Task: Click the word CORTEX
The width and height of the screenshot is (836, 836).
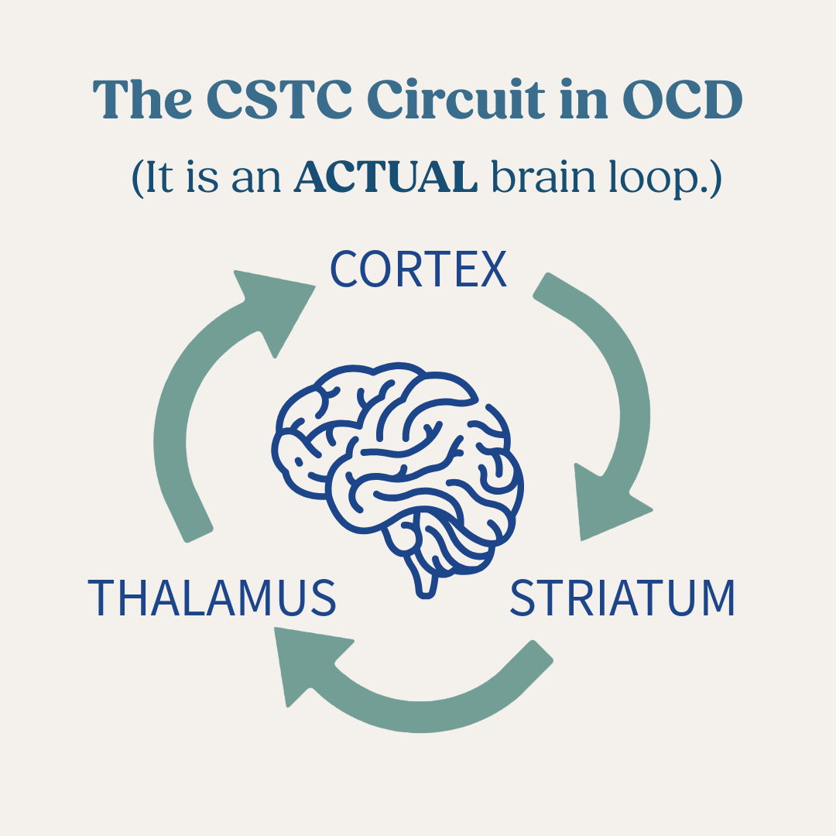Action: click(418, 269)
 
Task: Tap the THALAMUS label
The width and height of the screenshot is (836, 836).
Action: click(211, 597)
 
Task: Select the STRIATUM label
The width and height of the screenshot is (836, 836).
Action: click(622, 597)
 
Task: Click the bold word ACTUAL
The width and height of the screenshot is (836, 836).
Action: click(385, 178)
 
